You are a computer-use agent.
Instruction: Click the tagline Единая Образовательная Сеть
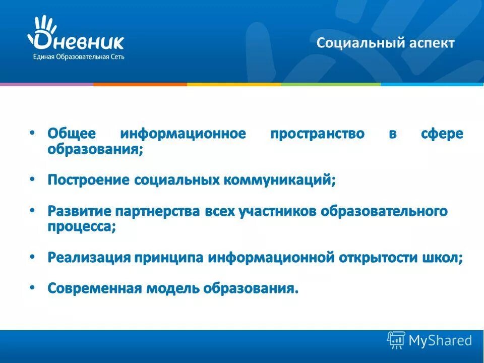coord(79,57)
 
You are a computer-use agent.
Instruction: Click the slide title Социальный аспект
coord(385,43)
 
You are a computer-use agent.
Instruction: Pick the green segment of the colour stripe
coord(330,84)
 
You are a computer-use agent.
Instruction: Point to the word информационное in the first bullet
coord(183,134)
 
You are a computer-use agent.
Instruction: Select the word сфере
coord(442,134)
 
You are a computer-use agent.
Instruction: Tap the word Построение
coord(89,180)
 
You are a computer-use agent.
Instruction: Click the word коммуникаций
coord(280,180)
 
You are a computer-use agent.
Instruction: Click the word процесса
coord(81,226)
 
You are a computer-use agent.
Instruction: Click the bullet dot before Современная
coord(32,287)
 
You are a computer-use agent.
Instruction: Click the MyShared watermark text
coord(440,341)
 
